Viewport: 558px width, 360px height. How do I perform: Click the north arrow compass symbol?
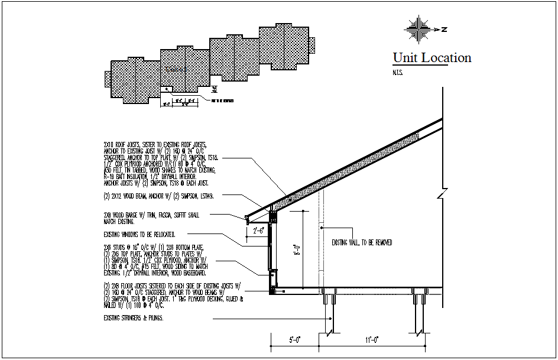click(x=420, y=29)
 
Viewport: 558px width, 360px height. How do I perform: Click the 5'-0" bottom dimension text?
click(x=294, y=339)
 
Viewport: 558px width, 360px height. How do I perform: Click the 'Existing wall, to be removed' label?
click(x=361, y=242)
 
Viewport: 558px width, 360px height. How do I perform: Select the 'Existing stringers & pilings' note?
click(x=133, y=318)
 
